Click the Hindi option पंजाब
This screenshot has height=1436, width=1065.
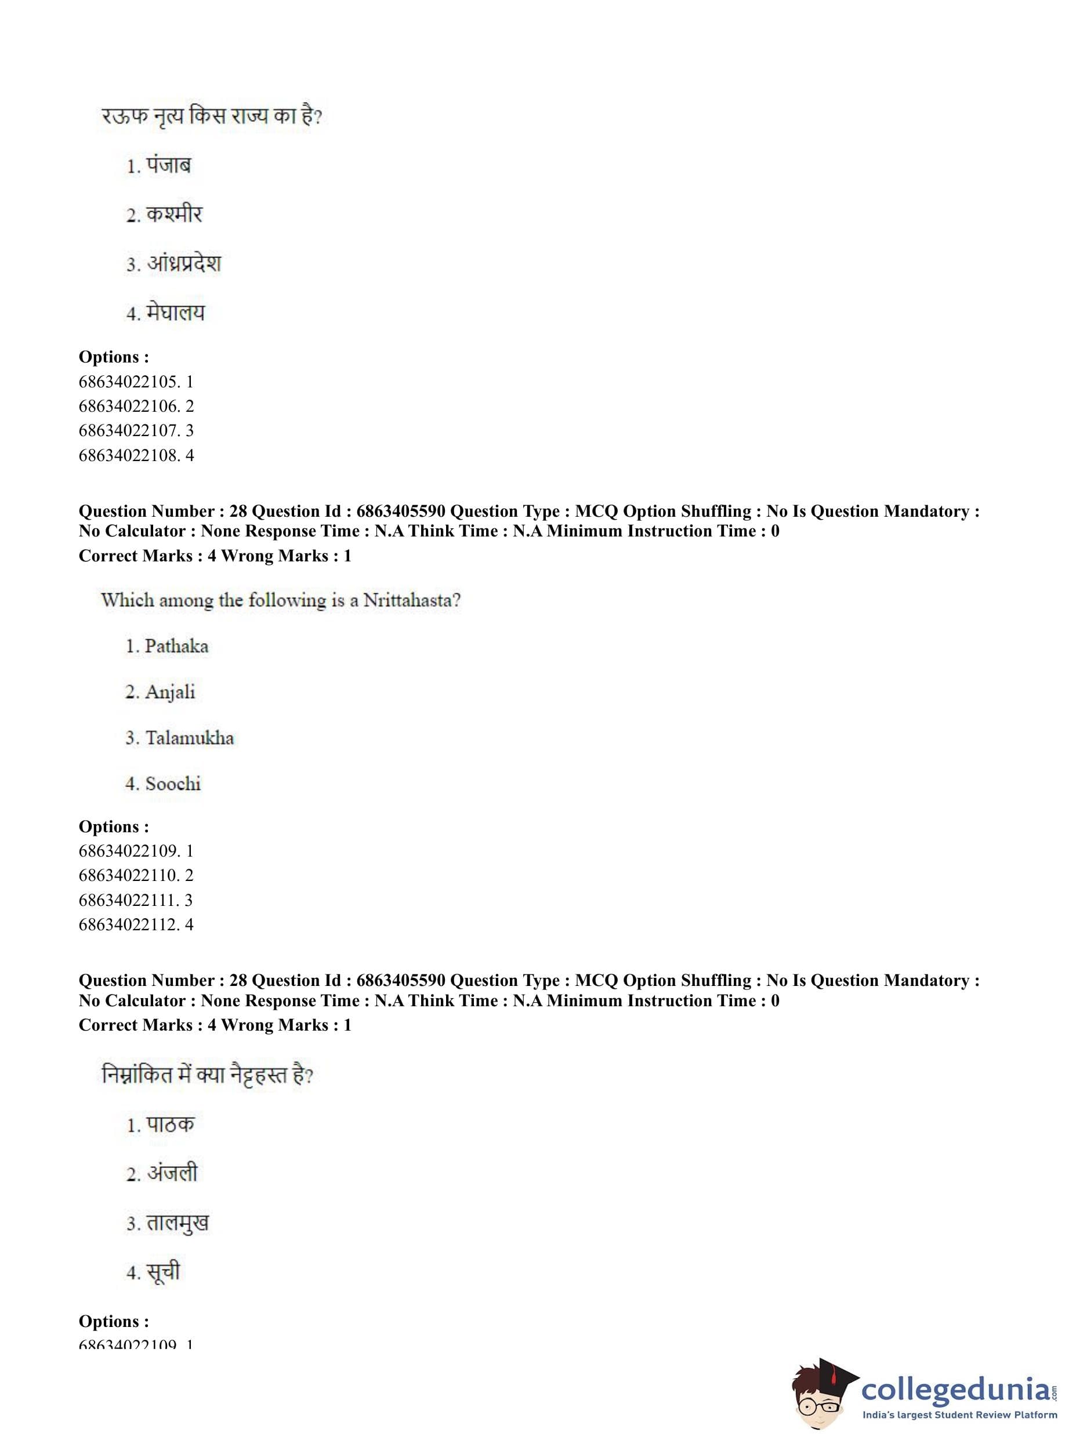point(168,166)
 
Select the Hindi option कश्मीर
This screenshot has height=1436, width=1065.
point(173,215)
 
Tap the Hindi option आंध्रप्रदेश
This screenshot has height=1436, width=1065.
point(183,264)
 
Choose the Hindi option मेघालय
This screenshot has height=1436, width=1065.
point(175,313)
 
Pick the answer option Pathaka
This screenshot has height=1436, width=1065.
point(176,646)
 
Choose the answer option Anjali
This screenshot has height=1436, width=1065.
point(169,691)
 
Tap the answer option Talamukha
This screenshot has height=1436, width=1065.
point(189,737)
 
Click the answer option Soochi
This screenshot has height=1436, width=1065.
point(173,784)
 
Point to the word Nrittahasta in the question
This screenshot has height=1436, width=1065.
point(411,600)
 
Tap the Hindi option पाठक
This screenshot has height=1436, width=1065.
point(169,1125)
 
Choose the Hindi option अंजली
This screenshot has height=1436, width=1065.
point(172,1173)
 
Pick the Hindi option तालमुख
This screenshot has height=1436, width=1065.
point(178,1223)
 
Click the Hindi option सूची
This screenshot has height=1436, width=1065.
point(163,1272)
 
